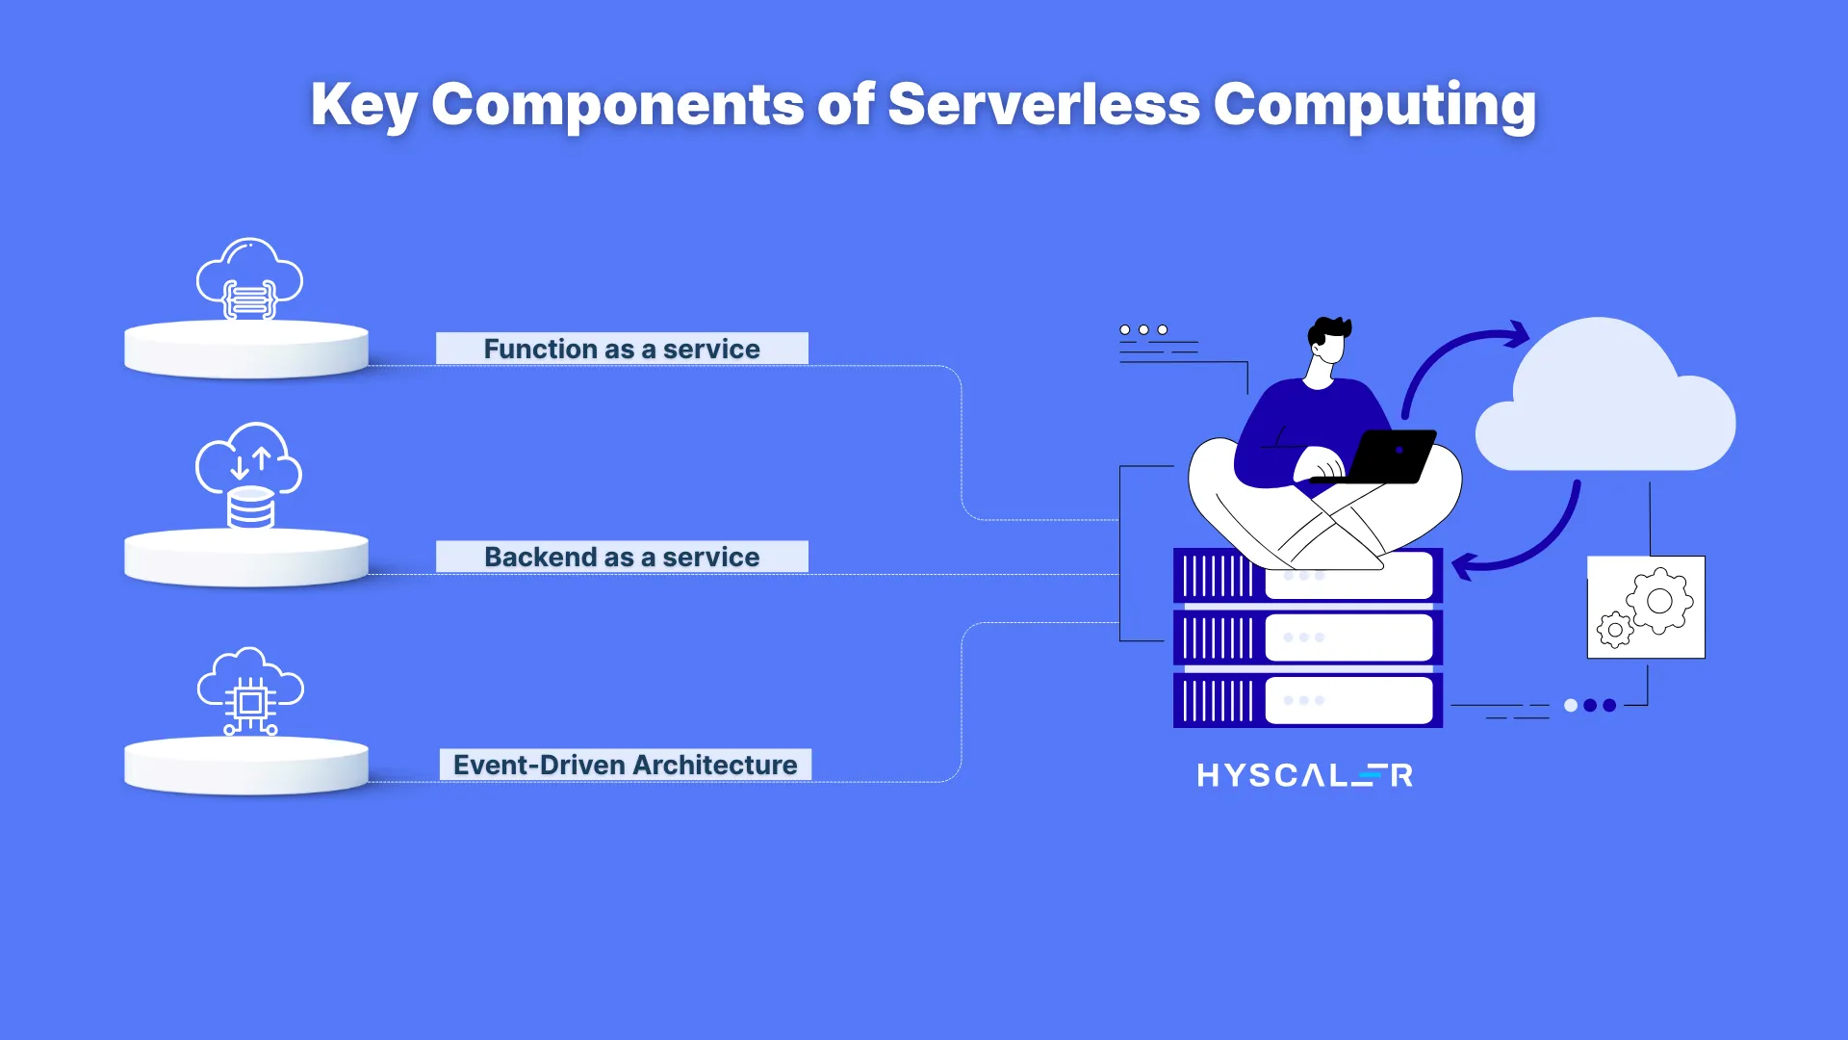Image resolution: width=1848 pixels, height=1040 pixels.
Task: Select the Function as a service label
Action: click(x=622, y=349)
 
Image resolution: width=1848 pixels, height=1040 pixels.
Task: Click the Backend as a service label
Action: click(x=622, y=557)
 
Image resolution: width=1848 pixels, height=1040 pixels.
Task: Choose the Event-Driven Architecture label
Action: click(x=626, y=765)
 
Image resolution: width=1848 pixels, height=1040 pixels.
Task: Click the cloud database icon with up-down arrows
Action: click(x=249, y=476)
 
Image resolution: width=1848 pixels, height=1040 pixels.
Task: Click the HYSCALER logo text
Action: click(x=1304, y=775)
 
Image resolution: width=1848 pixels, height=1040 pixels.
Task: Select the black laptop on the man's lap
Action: click(x=1386, y=456)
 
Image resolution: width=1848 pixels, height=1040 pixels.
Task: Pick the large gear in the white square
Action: click(x=1659, y=601)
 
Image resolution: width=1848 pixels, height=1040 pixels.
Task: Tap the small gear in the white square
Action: click(x=1615, y=630)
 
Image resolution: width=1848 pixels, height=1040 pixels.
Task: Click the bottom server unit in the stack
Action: click(x=1307, y=700)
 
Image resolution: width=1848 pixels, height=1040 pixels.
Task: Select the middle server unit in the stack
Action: click(x=1307, y=637)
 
